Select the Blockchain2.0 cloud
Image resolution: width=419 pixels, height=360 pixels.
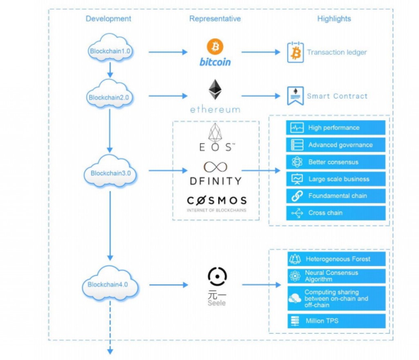click(x=109, y=97)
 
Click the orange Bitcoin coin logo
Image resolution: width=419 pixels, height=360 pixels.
click(x=215, y=47)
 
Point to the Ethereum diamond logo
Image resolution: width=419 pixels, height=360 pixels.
click(x=215, y=90)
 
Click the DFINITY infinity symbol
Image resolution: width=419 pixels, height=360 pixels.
click(x=215, y=167)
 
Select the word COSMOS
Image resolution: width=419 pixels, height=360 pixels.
click(x=217, y=200)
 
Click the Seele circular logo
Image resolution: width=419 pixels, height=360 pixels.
click(x=217, y=277)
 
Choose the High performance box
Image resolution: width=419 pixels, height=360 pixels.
click(x=336, y=128)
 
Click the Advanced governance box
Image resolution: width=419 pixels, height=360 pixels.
click(x=336, y=145)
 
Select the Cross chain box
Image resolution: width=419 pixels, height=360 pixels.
click(x=336, y=213)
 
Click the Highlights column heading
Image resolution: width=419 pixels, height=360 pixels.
click(x=334, y=19)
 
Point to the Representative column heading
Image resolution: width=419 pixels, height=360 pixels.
click(x=215, y=19)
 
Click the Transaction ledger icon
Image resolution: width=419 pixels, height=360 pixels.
click(x=295, y=52)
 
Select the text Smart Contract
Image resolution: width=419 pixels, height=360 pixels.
click(x=337, y=96)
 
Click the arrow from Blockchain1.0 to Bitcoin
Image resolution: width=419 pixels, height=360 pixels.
click(x=167, y=52)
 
